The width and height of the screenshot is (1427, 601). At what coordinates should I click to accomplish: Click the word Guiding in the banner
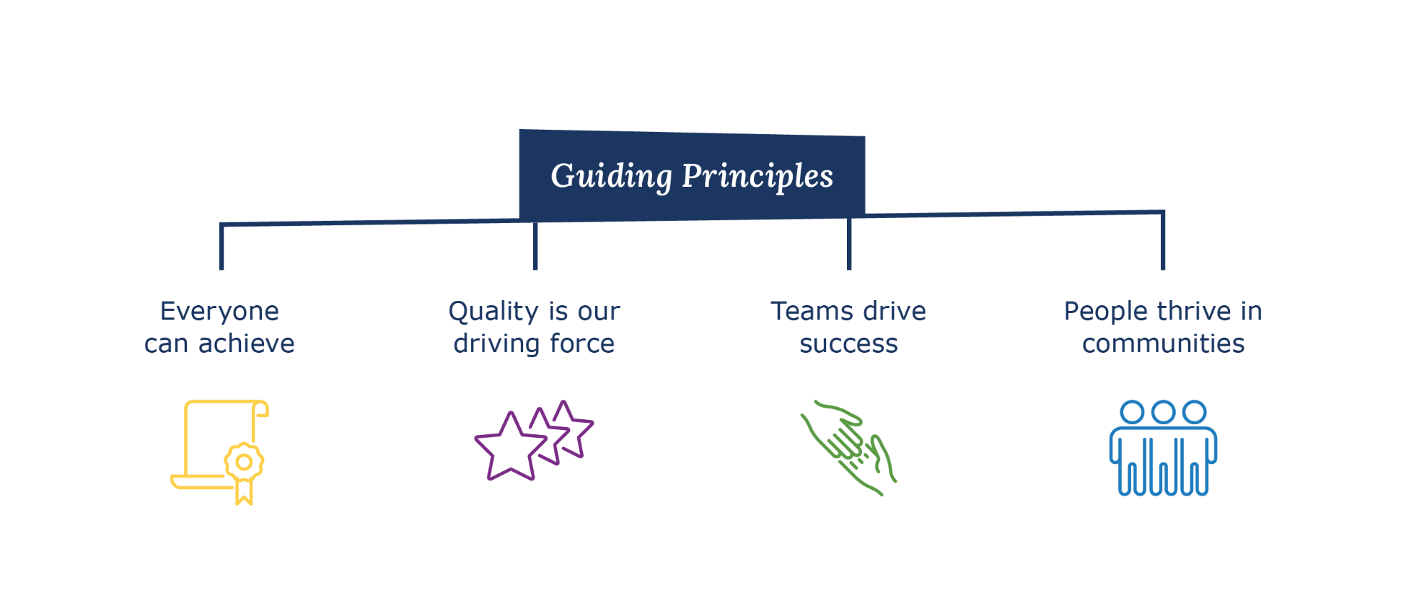pyautogui.click(x=611, y=176)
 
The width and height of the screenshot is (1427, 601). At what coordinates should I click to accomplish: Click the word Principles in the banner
pyautogui.click(x=758, y=176)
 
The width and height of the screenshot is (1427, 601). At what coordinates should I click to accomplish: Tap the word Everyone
pyautogui.click(x=220, y=312)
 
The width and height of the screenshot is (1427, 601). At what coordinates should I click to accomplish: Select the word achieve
pyautogui.click(x=246, y=344)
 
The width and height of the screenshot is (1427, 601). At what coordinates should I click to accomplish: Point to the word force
pyautogui.click(x=582, y=344)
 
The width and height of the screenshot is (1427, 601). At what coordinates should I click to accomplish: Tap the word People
pyautogui.click(x=1105, y=312)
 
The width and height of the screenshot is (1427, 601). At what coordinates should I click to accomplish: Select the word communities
pyautogui.click(x=1164, y=344)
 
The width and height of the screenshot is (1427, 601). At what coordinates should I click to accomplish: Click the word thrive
pyautogui.click(x=1194, y=312)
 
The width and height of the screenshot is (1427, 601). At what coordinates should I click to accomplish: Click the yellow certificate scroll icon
pyautogui.click(x=220, y=452)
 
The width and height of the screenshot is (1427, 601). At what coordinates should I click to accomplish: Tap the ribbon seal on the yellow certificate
pyautogui.click(x=244, y=472)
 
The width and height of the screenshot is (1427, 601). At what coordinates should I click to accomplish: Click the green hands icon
pyautogui.click(x=848, y=447)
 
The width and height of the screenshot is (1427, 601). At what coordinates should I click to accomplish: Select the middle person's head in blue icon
pyautogui.click(x=1164, y=412)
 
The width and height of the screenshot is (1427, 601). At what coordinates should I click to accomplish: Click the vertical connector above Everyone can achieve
pyautogui.click(x=222, y=247)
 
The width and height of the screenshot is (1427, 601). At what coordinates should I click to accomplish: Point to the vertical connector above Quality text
pyautogui.click(x=535, y=246)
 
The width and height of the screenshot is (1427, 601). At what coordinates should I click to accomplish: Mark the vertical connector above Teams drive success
pyautogui.click(x=849, y=244)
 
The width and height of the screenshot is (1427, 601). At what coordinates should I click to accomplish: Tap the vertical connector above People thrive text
pyautogui.click(x=1163, y=241)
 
